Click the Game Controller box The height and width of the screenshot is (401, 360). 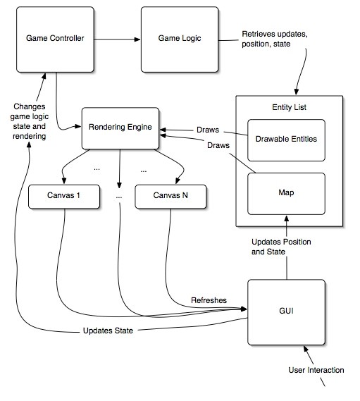pyautogui.click(x=55, y=39)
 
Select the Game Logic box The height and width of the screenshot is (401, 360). pyautogui.click(x=180, y=39)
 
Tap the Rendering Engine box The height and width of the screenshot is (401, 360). pyautogui.click(x=120, y=128)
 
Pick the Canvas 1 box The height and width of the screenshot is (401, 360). pyautogui.click(x=64, y=197)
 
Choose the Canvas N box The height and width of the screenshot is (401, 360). pyautogui.click(x=170, y=197)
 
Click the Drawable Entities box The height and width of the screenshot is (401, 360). pyautogui.click(x=286, y=140)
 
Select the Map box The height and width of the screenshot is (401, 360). pyautogui.click(x=286, y=194)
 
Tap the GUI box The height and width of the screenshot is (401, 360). pyautogui.click(x=286, y=312)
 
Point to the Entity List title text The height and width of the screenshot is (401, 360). pyautogui.click(x=289, y=107)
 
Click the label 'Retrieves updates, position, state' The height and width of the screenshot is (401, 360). pyautogui.click(x=275, y=39)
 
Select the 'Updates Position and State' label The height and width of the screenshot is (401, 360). pyautogui.click(x=281, y=247)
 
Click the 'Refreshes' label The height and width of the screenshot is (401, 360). pyautogui.click(x=209, y=300)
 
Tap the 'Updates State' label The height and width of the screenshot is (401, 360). pyautogui.click(x=108, y=331)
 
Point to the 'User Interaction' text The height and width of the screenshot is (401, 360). pyautogui.click(x=316, y=370)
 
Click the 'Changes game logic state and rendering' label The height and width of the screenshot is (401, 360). pyautogui.click(x=29, y=121)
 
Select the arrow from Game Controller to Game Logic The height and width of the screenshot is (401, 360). pyautogui.click(x=118, y=39)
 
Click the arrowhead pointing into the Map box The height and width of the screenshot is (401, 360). pyautogui.click(x=287, y=218)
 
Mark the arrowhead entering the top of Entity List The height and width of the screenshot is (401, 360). pyautogui.click(x=297, y=92)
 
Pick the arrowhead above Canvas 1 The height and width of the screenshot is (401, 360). pyautogui.click(x=64, y=181)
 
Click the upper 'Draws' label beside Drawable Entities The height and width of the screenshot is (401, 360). pyautogui.click(x=208, y=130)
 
